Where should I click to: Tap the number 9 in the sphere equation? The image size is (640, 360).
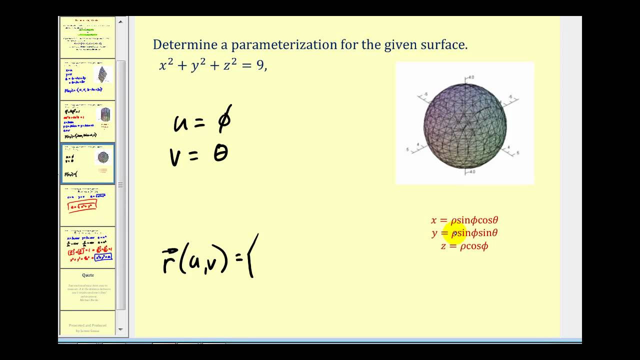[259, 65]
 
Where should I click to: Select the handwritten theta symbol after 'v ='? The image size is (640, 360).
[220, 153]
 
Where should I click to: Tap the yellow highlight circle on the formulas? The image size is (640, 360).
[454, 233]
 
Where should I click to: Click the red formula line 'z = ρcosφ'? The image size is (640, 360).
[464, 246]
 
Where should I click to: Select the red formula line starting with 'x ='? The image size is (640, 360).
[464, 220]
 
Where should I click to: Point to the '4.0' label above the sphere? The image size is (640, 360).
[470, 77]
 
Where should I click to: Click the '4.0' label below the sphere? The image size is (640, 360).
[470, 171]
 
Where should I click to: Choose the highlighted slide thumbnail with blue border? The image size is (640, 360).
[88, 163]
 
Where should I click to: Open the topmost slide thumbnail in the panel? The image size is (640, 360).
[88, 37]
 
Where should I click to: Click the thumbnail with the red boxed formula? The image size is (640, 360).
[88, 205]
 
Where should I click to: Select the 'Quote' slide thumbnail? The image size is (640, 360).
[88, 289]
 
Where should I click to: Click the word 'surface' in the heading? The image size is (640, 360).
[444, 45]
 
